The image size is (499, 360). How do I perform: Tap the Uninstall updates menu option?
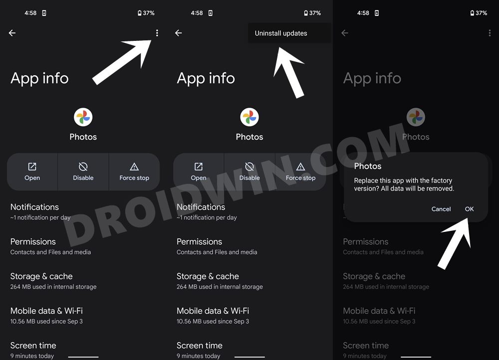281,33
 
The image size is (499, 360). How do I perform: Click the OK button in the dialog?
469,209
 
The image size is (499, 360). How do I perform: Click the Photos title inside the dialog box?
368,166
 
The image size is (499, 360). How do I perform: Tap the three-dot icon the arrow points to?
157,33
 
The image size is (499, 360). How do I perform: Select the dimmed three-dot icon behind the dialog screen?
490,33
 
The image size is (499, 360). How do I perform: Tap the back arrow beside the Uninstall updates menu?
179,33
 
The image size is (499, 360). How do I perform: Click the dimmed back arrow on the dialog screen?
345,33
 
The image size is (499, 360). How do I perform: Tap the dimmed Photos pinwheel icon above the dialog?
416,117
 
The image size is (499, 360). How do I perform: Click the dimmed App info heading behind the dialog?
372,78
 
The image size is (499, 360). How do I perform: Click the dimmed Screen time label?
366,345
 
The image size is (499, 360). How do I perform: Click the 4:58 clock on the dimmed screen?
363,13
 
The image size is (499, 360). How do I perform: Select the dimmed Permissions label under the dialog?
365,241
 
